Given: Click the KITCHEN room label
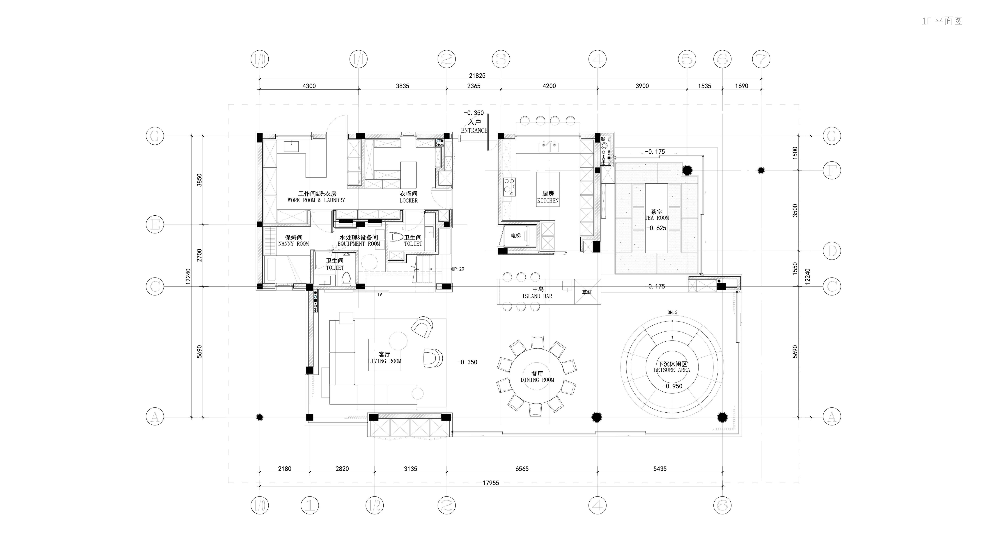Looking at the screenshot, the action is (x=548, y=200).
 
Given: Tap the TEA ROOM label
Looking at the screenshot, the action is (x=657, y=218).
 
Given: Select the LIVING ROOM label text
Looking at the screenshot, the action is (x=384, y=361).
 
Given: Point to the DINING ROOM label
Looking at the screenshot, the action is (x=537, y=380).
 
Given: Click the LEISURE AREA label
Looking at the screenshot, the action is (x=672, y=370).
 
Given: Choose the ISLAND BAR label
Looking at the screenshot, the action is (x=537, y=296).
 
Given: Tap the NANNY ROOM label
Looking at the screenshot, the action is (x=293, y=244).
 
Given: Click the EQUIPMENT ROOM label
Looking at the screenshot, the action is (x=359, y=244).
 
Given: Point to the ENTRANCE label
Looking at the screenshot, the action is (x=474, y=131).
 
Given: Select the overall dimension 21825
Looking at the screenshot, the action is (x=477, y=76).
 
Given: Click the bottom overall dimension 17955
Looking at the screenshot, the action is (x=491, y=483).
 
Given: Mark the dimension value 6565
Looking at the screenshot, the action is (x=522, y=469).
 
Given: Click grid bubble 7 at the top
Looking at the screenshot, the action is (x=761, y=59).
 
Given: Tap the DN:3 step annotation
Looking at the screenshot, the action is (x=672, y=313).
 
